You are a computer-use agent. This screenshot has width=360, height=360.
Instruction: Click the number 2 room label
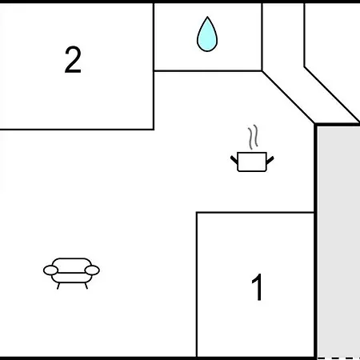[x=73, y=60]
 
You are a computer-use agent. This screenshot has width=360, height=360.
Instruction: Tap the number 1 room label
[x=258, y=287]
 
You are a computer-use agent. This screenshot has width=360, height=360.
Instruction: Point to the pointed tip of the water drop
[x=207, y=17]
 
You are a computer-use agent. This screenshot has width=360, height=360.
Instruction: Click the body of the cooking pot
[x=252, y=162]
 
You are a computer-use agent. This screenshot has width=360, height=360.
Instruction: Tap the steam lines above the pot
[x=254, y=137]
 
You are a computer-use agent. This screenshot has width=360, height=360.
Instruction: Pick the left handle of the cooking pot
[x=234, y=160]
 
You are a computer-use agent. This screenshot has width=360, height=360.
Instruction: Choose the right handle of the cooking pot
[x=270, y=160]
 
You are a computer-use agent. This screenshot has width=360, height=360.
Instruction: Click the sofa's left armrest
[x=50, y=270]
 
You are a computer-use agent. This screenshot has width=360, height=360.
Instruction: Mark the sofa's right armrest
[x=92, y=270]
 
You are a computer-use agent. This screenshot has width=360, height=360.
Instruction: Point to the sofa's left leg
[x=58, y=286]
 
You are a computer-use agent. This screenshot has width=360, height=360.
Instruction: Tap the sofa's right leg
[x=86, y=286]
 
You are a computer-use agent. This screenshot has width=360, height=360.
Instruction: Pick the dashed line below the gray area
[x=338, y=358]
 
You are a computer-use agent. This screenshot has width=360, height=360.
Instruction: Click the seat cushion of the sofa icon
[x=71, y=278]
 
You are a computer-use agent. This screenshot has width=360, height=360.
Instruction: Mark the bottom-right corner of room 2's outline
[x=154, y=130]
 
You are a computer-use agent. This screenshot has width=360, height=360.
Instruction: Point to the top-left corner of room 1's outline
[x=197, y=213]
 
